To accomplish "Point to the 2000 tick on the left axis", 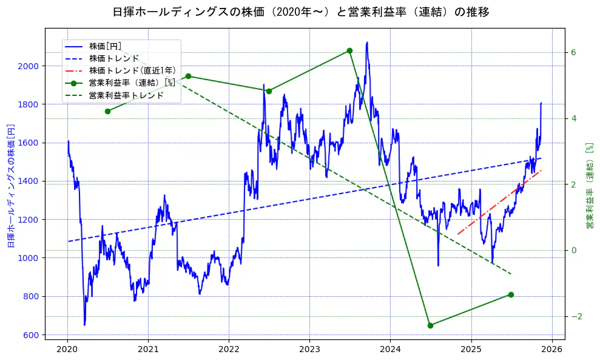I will tap(30, 66).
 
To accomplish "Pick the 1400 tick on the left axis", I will tap(30, 181).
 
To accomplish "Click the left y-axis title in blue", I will tap(11, 186).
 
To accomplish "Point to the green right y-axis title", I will tap(589, 186).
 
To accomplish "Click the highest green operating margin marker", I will tap(349, 50).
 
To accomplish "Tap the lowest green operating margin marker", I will tap(430, 325).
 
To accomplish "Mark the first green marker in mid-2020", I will tap(107, 111).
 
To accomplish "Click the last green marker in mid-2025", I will tap(511, 294).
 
